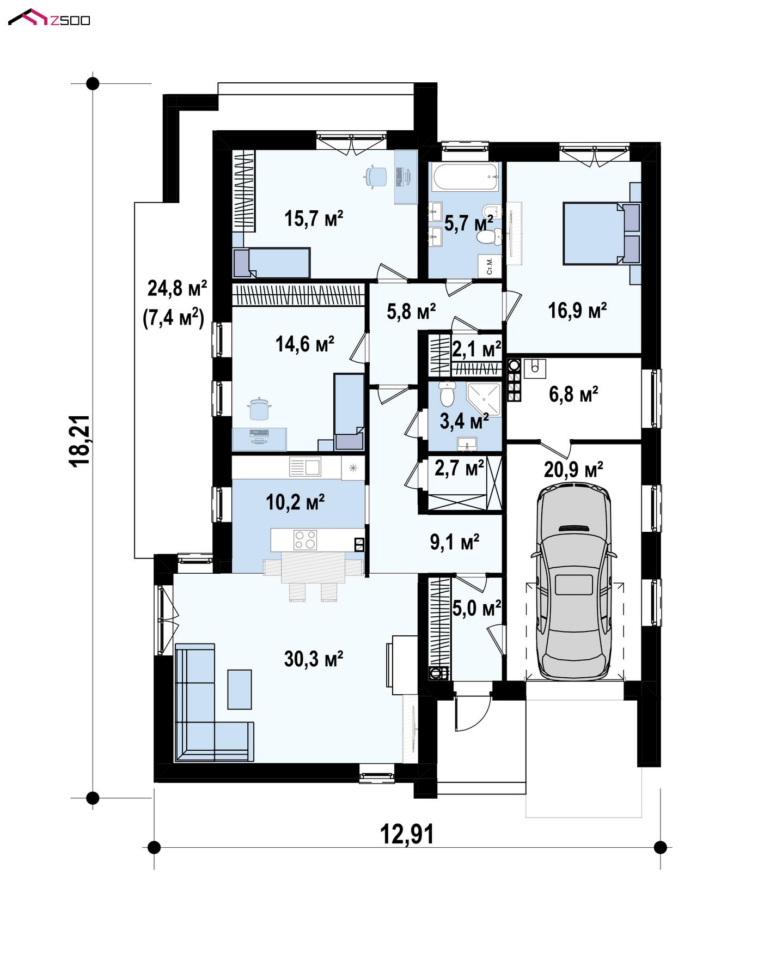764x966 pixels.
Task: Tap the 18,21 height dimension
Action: [x=80, y=440]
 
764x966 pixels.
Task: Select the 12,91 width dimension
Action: [x=407, y=834]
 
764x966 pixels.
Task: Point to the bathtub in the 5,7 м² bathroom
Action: [x=465, y=177]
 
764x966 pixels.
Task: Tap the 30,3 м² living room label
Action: [x=314, y=659]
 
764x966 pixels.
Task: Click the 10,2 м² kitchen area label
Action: [x=295, y=502]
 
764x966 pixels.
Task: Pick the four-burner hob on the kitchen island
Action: [x=305, y=539]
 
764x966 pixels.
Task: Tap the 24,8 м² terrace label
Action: [x=177, y=288]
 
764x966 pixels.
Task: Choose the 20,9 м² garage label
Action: [x=573, y=469]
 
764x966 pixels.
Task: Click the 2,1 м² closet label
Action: [x=476, y=349]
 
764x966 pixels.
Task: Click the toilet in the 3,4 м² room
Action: [x=447, y=393]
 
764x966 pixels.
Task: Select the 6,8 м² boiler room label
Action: [x=573, y=393]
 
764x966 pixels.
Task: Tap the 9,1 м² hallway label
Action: [x=455, y=542]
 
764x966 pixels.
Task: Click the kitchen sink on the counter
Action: [x=305, y=467]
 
